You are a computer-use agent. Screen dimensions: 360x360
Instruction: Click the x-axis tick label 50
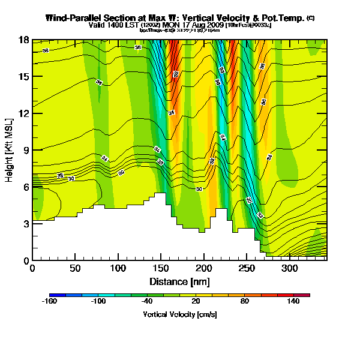coord(75,268)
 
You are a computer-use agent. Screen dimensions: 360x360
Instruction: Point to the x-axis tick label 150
coord(161,268)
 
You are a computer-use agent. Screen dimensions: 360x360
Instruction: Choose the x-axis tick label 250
coord(247,268)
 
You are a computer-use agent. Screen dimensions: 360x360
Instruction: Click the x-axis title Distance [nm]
coord(179,281)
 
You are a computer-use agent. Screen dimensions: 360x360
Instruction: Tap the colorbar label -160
coord(49,302)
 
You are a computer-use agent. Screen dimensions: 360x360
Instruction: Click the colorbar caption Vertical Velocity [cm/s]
coord(179,314)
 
